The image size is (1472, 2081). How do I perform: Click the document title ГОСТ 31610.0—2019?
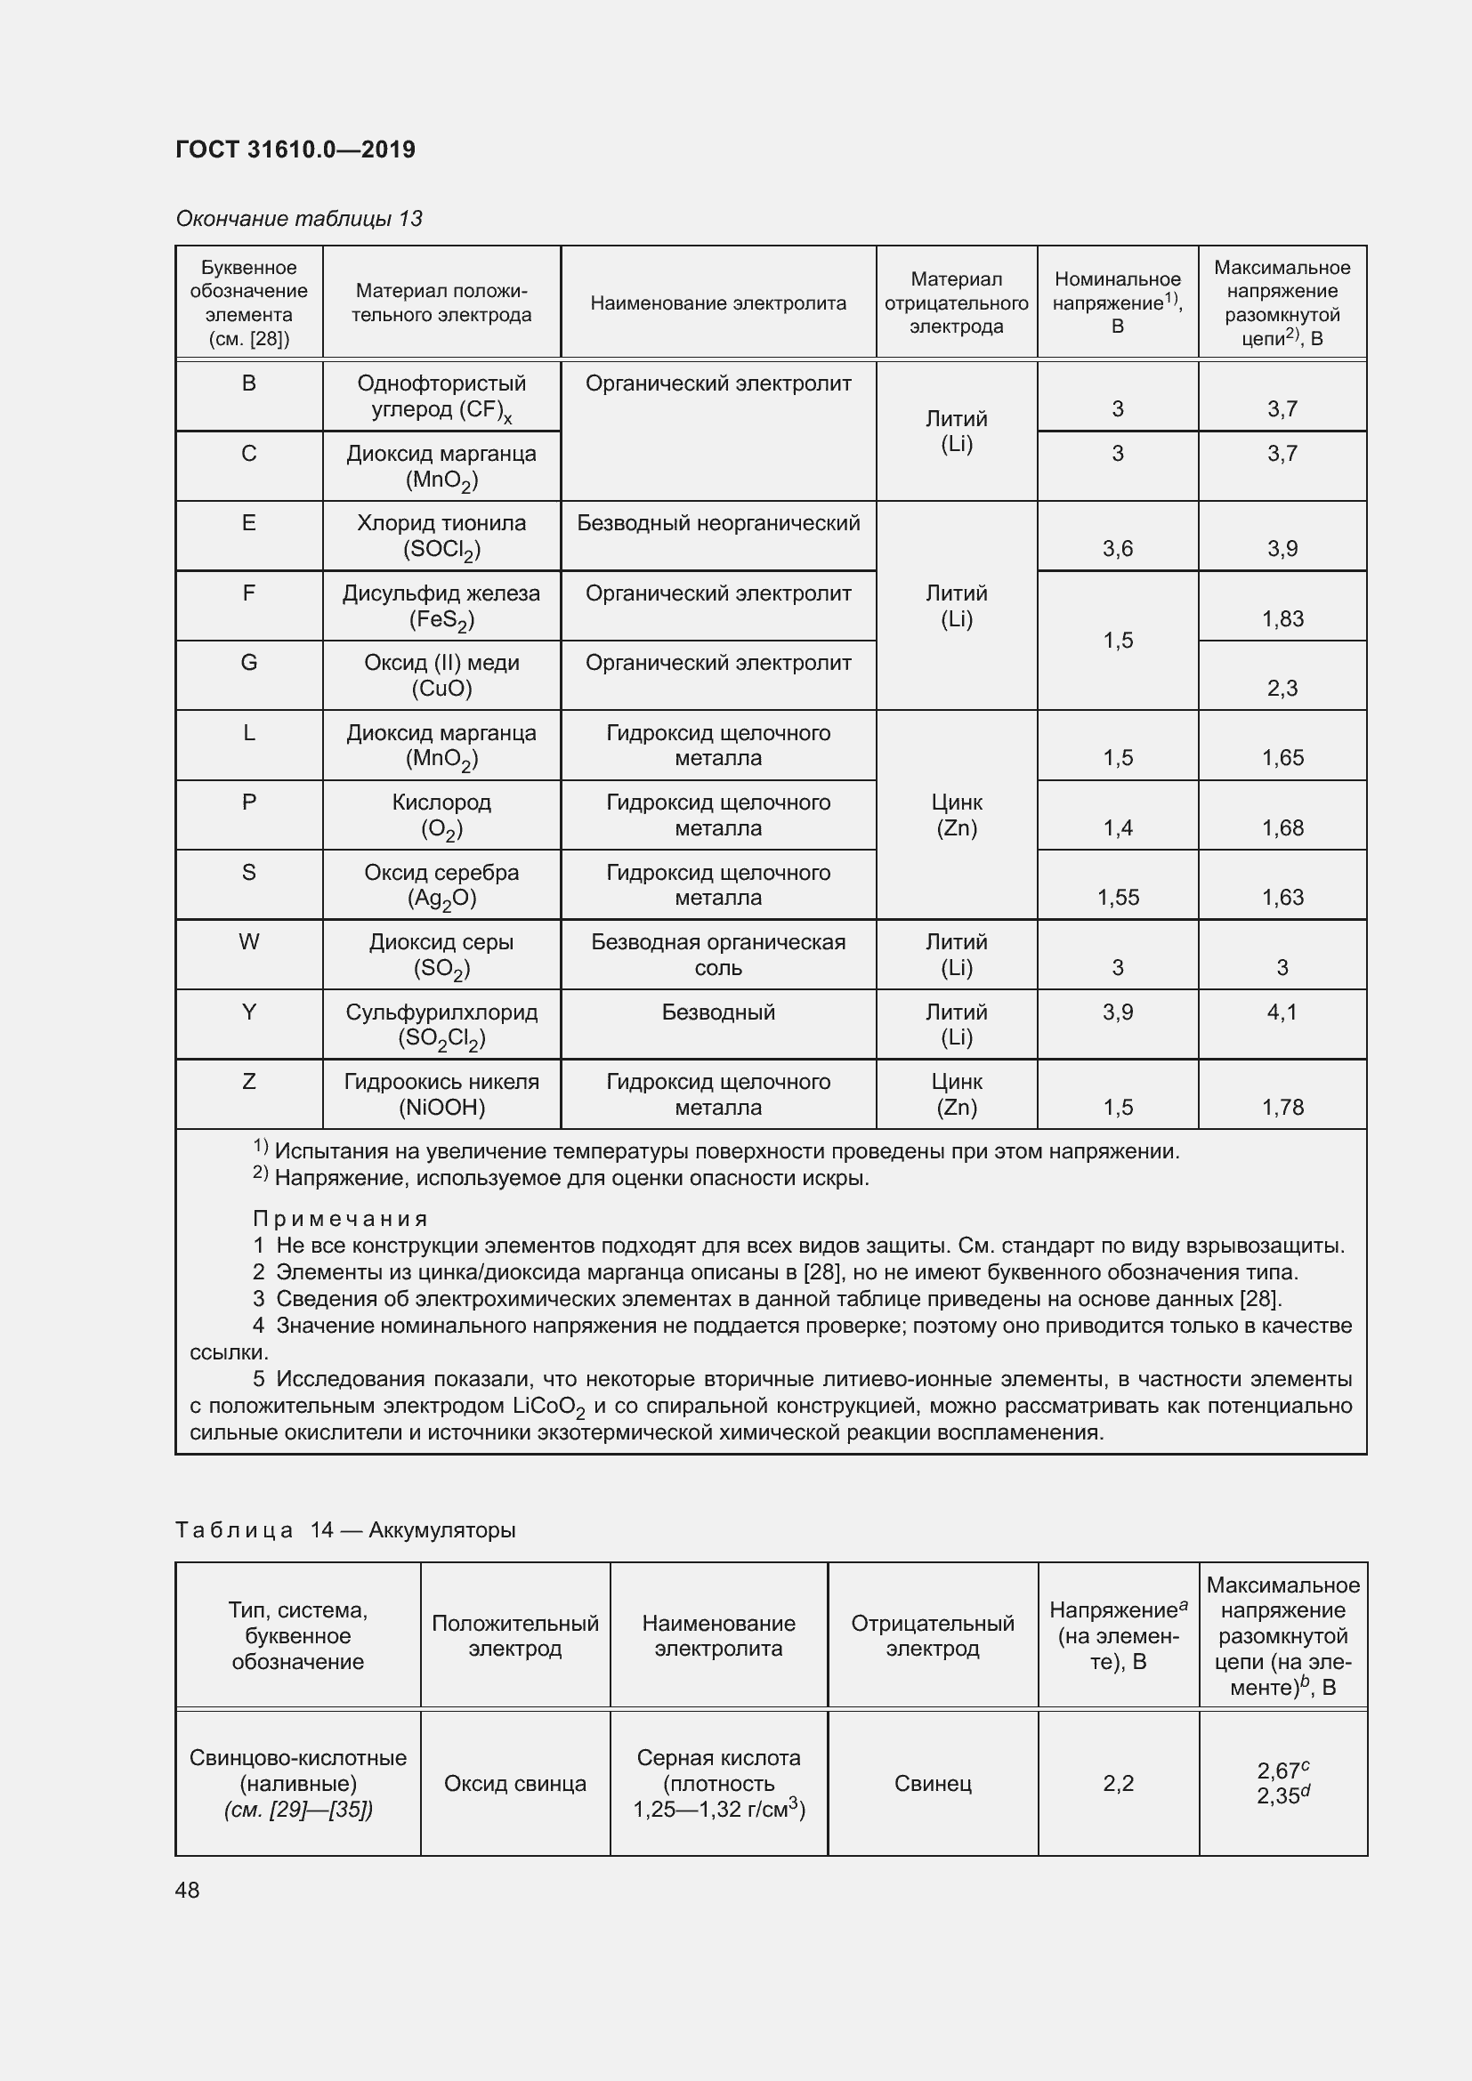[x=295, y=149]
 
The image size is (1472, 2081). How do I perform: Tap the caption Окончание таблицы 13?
[x=298, y=219]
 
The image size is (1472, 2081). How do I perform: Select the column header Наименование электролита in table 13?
[x=718, y=302]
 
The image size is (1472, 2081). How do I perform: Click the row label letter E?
[x=248, y=523]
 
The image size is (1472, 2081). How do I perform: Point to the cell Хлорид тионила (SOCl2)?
[x=441, y=536]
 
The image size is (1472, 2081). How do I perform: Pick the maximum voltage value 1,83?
[x=1282, y=619]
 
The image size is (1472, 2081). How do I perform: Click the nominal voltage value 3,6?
[x=1117, y=548]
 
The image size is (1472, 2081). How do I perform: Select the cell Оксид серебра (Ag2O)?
[x=441, y=884]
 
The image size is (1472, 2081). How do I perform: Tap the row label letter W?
[x=248, y=941]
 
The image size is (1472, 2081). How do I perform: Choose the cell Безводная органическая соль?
[x=718, y=955]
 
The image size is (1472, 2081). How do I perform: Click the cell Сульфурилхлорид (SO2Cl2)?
[x=441, y=1024]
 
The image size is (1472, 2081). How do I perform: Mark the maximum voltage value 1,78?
[x=1282, y=1107]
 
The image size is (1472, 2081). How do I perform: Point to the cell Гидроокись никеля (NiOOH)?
[x=441, y=1094]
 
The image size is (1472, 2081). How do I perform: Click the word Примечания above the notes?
[x=340, y=1219]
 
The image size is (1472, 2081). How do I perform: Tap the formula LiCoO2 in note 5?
[x=549, y=1406]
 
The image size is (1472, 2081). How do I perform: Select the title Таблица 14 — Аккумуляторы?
[x=345, y=1530]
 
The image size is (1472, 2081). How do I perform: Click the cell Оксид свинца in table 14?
[x=514, y=1784]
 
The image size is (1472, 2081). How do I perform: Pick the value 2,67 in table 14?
[x=1277, y=1770]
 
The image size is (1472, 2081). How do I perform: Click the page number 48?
[x=187, y=1890]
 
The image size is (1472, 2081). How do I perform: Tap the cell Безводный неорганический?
[x=718, y=523]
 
